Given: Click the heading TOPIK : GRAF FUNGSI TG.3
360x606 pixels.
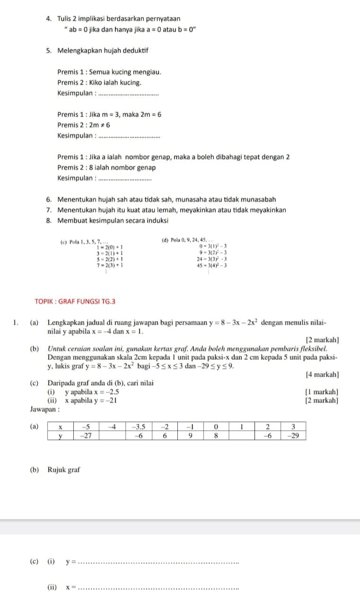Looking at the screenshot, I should tap(75, 301).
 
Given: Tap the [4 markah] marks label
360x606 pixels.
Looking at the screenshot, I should tap(322, 374).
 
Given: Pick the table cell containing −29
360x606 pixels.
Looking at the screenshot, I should tap(293, 436).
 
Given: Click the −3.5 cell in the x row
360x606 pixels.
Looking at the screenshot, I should tap(139, 427).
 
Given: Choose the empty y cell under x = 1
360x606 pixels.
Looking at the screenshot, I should tap(242, 436).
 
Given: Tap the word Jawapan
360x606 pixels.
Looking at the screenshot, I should tap(44, 409).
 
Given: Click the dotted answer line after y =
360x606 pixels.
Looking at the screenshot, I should tap(158, 563).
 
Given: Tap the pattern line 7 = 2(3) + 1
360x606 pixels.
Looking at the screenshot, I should tap(110, 266).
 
